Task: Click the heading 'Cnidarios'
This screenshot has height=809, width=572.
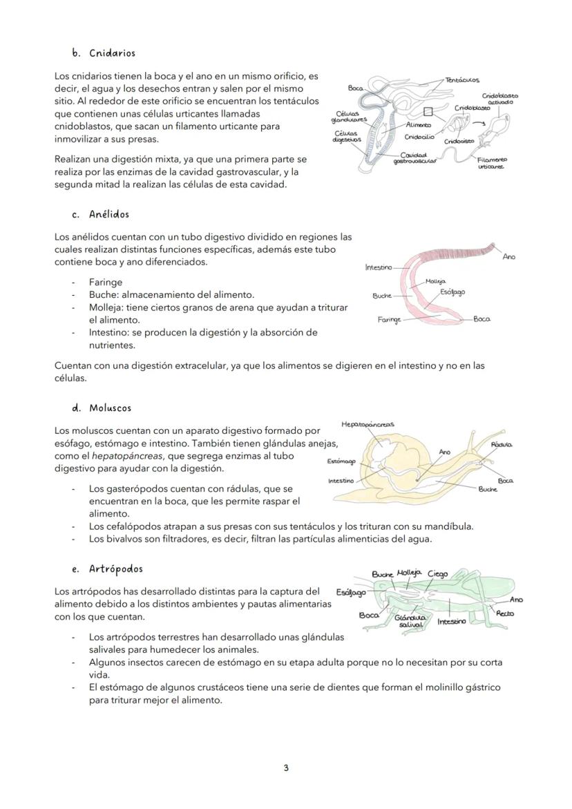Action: [x=112, y=53]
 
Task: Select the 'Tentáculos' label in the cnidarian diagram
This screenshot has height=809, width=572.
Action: [x=462, y=81]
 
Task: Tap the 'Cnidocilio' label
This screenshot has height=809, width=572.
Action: [x=419, y=137]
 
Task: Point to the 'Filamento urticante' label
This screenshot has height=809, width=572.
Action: [x=492, y=163]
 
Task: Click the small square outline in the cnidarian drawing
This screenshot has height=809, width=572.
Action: [x=428, y=111]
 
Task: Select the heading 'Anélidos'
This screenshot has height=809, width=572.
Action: [x=109, y=214]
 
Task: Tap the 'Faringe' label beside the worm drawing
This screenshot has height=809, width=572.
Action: [x=389, y=320]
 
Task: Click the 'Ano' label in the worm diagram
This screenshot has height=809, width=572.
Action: [x=508, y=257]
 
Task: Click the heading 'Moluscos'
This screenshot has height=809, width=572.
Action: [x=110, y=408]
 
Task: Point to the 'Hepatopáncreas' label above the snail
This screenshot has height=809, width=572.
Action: [x=368, y=424]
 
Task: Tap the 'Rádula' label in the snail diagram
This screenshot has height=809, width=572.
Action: [x=501, y=445]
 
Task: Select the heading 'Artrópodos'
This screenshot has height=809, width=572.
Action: [x=115, y=569]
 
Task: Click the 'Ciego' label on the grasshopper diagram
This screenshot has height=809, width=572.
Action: [x=437, y=573]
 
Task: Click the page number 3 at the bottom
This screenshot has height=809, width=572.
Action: [x=286, y=768]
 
